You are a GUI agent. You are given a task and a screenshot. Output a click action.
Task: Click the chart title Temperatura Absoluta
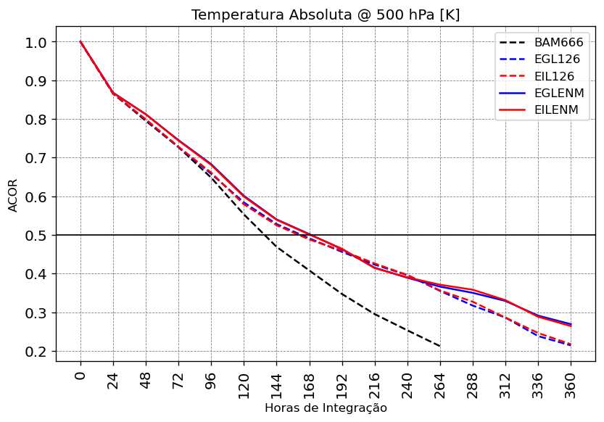coord(326,15)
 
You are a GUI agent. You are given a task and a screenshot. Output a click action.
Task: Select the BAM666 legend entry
coord(558,42)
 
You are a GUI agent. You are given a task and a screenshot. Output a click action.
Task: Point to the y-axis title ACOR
coord(13,194)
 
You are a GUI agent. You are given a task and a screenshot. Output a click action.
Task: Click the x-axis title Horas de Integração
coord(326,408)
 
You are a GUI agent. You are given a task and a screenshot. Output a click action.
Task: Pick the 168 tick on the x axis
coord(310,380)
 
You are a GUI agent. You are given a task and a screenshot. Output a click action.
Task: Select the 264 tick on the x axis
coord(440,380)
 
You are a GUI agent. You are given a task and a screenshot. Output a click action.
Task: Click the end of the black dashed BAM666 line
coord(440,347)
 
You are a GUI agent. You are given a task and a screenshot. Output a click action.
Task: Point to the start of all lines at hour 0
coord(80,42)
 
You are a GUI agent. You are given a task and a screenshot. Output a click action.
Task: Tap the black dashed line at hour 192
coord(342,294)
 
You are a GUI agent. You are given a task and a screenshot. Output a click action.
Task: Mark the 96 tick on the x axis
coord(211,380)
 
